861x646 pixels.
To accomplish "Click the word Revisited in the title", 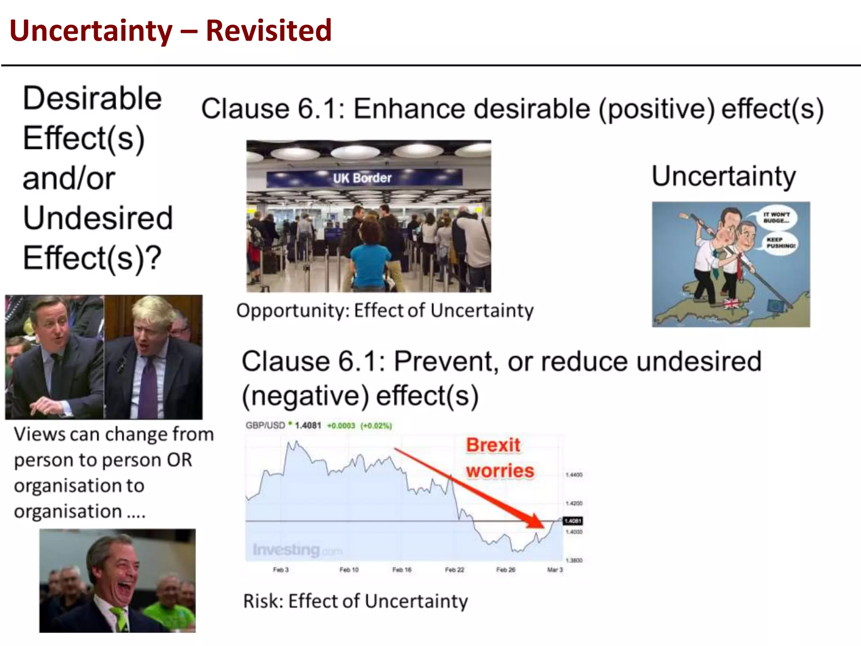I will pyautogui.click(x=269, y=31).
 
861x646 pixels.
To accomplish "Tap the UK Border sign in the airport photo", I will pyautogui.click(x=362, y=178).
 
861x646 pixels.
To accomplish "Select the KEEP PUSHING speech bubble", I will pyautogui.click(x=780, y=243).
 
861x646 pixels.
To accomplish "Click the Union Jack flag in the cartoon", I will pyautogui.click(x=731, y=303).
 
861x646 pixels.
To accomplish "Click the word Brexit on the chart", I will pyautogui.click(x=493, y=445).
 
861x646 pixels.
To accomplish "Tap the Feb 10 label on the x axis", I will pyautogui.click(x=349, y=570).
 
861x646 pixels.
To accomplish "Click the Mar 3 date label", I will pyautogui.click(x=555, y=570).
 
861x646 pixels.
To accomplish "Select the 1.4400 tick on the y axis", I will pyautogui.click(x=574, y=475).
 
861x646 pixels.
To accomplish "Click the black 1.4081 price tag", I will pyautogui.click(x=573, y=521).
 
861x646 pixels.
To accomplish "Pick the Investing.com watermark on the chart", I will pyautogui.click(x=297, y=550).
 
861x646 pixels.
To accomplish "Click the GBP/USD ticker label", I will pyautogui.click(x=265, y=425).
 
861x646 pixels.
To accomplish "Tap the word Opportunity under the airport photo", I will pyautogui.click(x=293, y=311).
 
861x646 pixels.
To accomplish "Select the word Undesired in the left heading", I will pyautogui.click(x=98, y=218).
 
